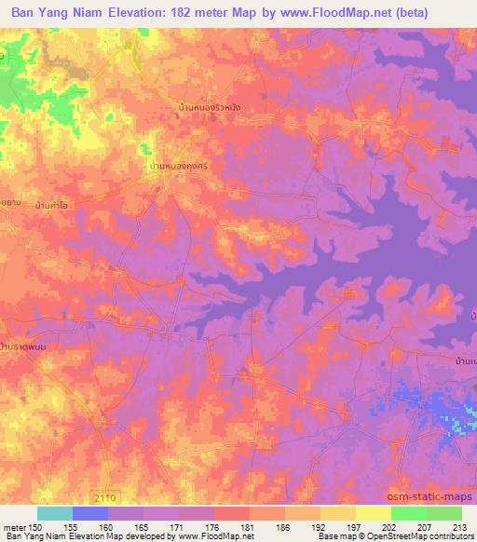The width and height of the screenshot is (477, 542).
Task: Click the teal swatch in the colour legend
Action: pyautogui.click(x=55, y=513)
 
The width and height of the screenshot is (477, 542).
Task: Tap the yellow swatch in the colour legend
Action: pyautogui.click(x=374, y=513)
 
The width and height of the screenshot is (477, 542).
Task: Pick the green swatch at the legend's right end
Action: pyautogui.click(x=444, y=513)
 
